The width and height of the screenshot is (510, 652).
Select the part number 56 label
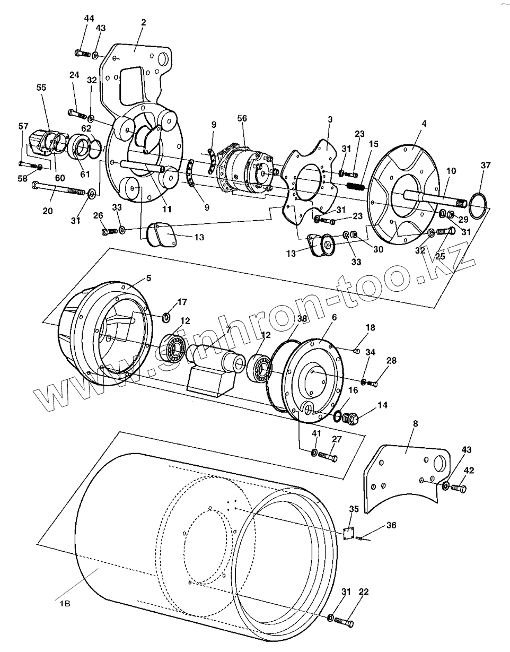pyautogui.click(x=242, y=119)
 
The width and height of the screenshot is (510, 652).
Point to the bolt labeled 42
pyautogui.click(x=460, y=488)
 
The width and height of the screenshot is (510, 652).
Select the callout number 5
pyautogui.click(x=148, y=279)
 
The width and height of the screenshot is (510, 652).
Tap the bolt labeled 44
pyautogui.click(x=82, y=53)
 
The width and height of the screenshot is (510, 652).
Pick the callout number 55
pyautogui.click(x=41, y=88)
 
